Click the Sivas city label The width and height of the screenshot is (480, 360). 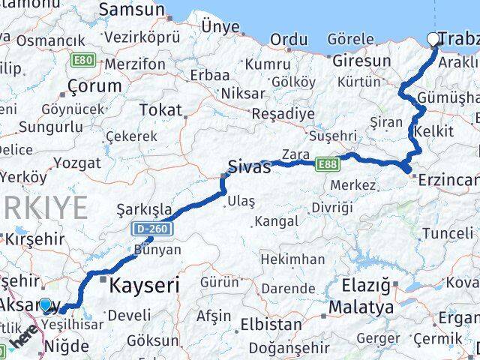tap(249, 166)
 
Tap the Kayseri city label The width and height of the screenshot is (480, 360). tap(145, 285)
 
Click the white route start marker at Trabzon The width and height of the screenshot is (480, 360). tap(433, 40)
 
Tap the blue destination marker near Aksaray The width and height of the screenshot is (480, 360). tap(46, 305)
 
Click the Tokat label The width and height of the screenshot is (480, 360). tap(160, 110)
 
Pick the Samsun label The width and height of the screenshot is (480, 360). tap(131, 10)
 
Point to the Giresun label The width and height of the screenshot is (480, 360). tap(361, 60)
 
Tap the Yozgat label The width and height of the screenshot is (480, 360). tap(77, 162)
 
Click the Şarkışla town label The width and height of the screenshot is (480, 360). tap(145, 209)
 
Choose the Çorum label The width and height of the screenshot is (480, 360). tap(94, 85)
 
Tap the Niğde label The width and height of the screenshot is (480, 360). tap(68, 346)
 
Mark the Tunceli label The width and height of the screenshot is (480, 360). tap(448, 233)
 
